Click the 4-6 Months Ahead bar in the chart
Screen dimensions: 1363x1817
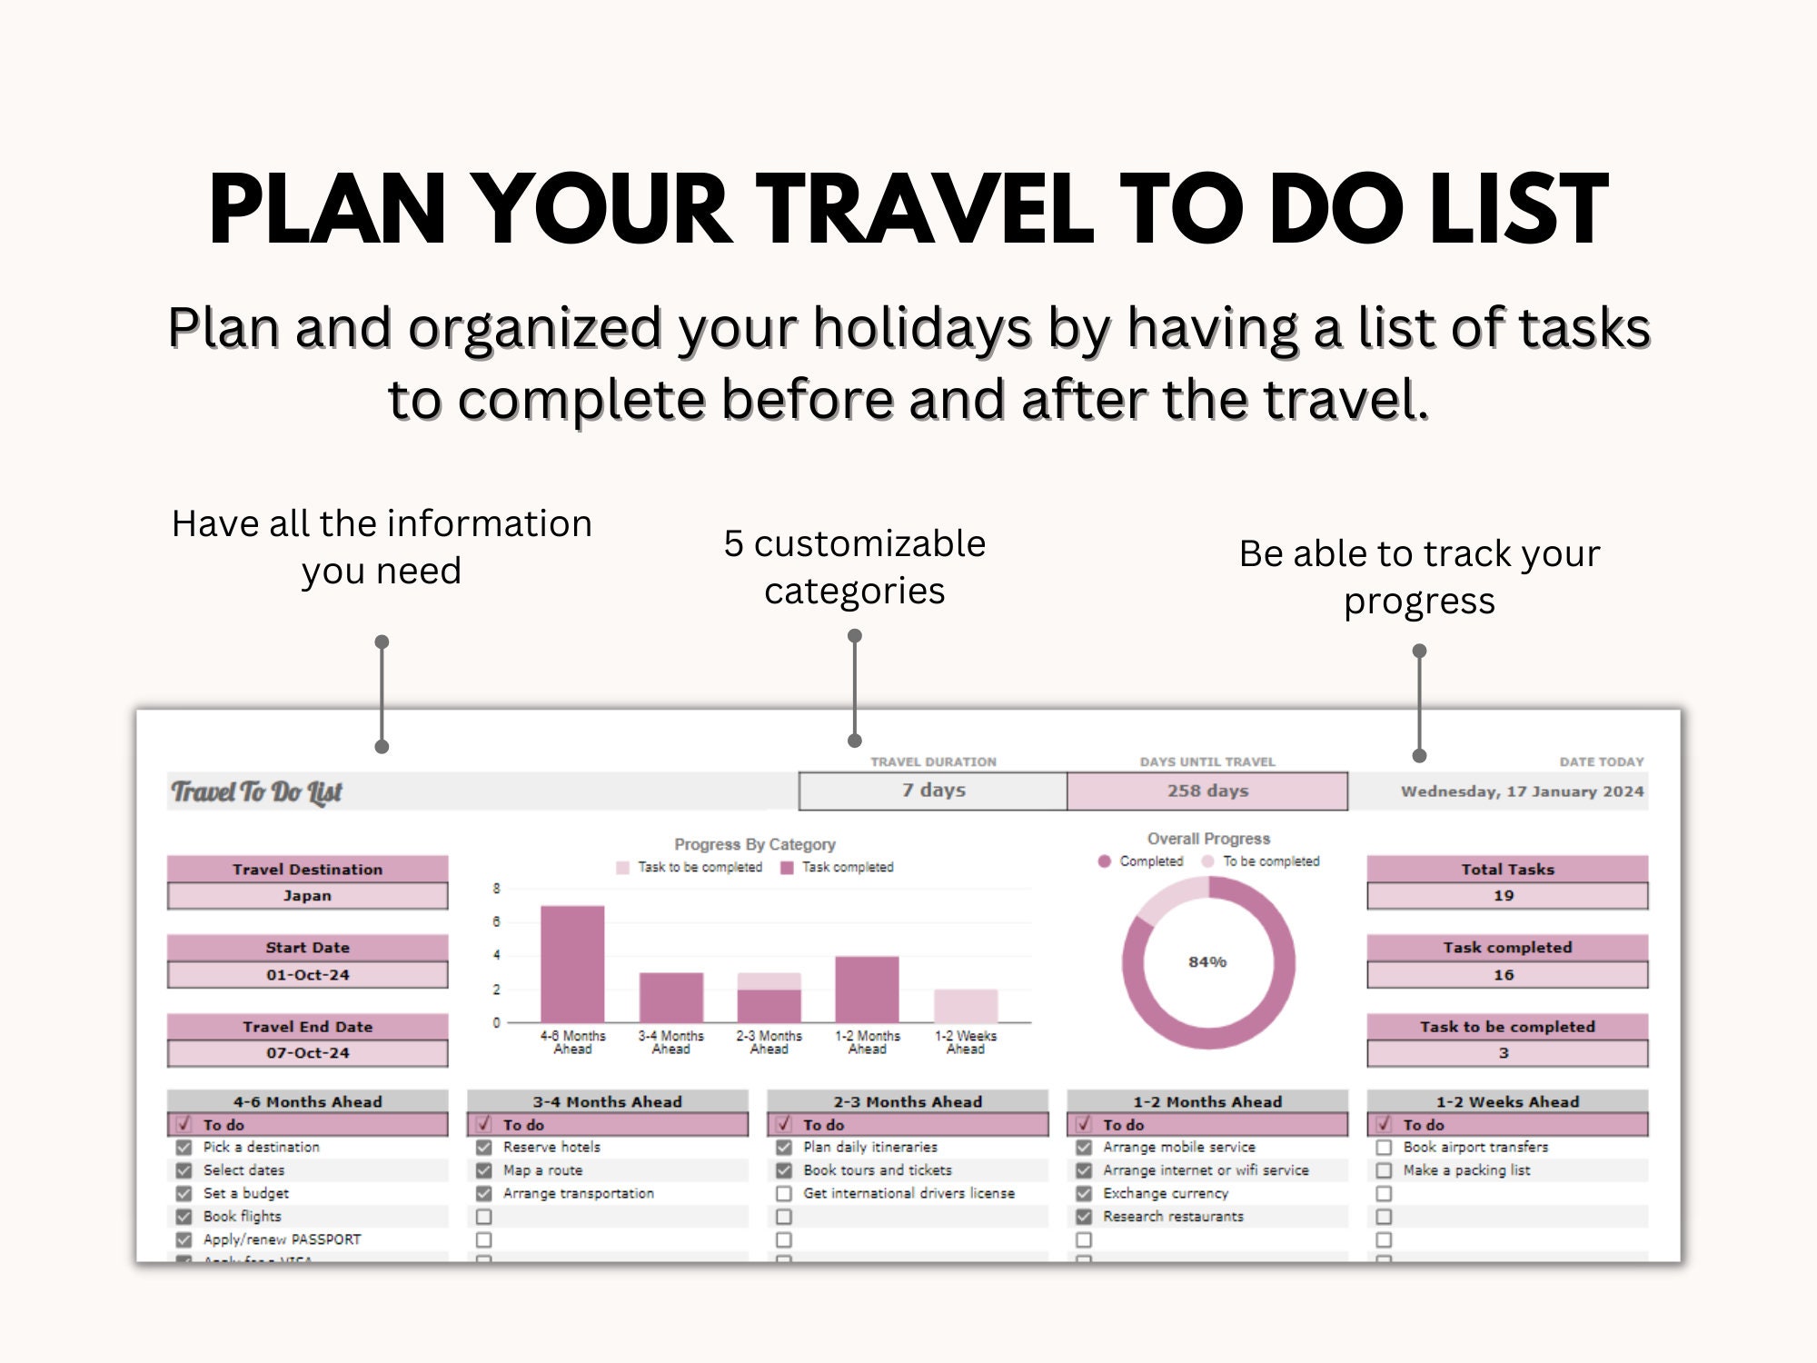point(572,964)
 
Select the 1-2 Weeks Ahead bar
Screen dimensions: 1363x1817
point(966,1006)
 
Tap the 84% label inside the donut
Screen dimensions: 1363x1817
point(1207,961)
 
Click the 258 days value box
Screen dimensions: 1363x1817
point(1207,791)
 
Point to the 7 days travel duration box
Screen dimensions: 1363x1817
point(933,791)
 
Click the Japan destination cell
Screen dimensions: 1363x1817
point(307,896)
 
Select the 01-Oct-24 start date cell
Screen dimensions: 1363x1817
point(307,975)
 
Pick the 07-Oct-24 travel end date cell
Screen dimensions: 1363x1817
point(307,1053)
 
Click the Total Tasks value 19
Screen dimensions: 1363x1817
point(1504,896)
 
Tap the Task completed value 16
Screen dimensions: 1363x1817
point(1504,975)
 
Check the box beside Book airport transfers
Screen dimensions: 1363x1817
point(1384,1148)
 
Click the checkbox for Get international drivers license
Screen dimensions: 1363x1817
point(784,1193)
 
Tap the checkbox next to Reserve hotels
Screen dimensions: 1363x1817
point(484,1148)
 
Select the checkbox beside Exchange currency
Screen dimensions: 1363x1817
point(1084,1193)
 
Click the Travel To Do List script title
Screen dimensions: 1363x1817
point(257,792)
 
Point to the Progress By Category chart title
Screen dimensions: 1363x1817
point(754,844)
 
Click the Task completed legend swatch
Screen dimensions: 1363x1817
point(787,868)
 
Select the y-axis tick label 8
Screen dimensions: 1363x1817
point(496,889)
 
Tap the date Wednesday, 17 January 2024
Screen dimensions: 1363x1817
point(1522,791)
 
